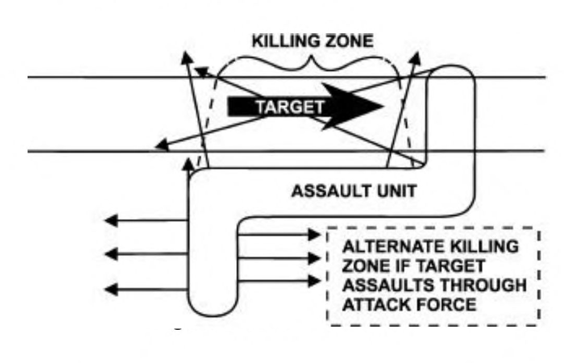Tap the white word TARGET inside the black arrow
[289, 107]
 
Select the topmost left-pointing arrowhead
[110, 221]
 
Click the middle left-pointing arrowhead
[110, 254]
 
